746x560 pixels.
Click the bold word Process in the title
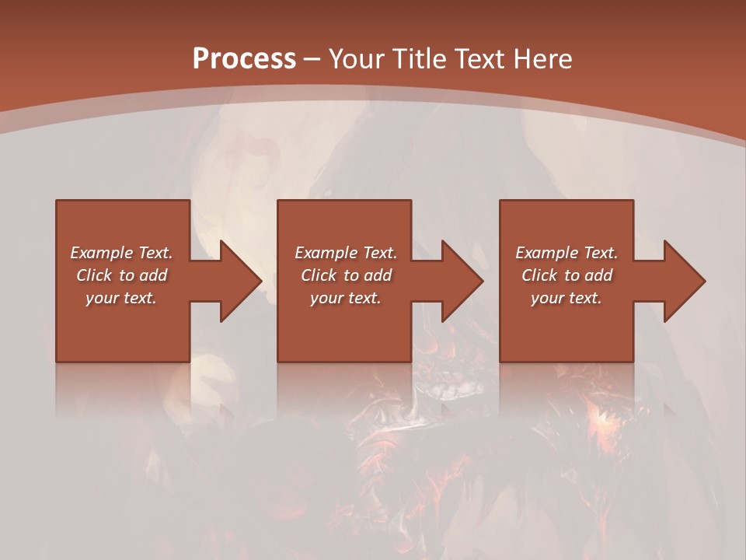[244, 59]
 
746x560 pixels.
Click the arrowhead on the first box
[240, 281]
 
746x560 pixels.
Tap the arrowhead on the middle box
[462, 281]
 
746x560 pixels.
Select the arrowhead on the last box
[685, 281]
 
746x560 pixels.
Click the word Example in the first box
[101, 253]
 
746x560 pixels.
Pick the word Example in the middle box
[326, 253]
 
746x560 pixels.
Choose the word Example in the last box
[546, 253]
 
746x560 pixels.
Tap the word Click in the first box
[95, 275]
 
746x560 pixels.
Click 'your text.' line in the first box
[121, 298]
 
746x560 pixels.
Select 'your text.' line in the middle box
[346, 298]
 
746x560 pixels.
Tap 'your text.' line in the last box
[566, 298]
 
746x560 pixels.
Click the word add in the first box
[154, 275]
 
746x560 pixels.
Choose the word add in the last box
[599, 275]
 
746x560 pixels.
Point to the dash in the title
[312, 59]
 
